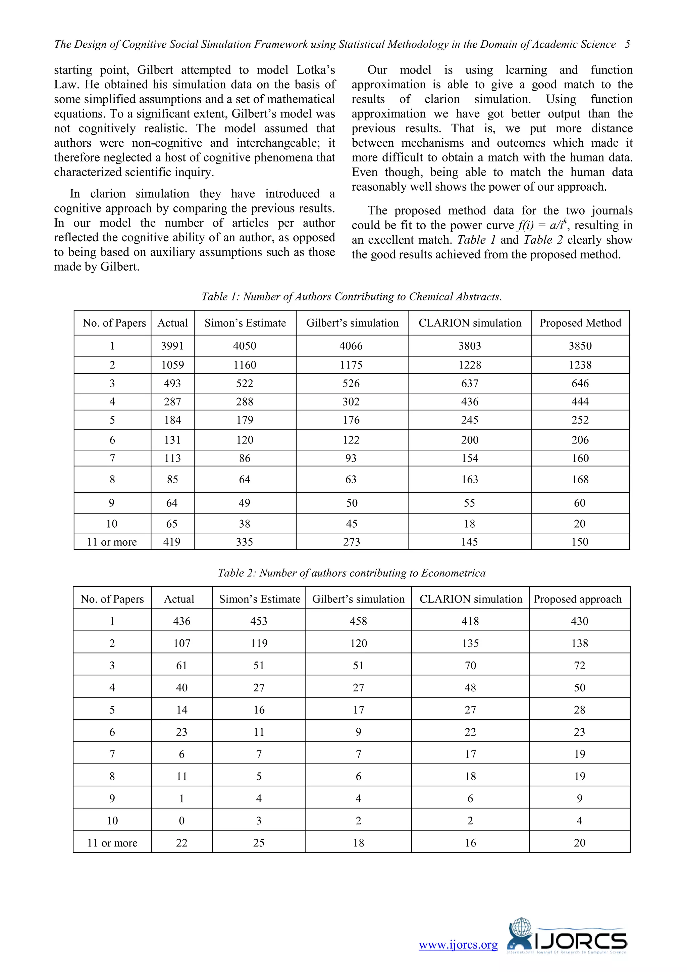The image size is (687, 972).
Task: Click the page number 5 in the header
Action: pyautogui.click(x=627, y=44)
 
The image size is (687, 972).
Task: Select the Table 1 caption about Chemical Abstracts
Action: pyautogui.click(x=351, y=296)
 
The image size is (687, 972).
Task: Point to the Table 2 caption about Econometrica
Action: pyautogui.click(x=351, y=573)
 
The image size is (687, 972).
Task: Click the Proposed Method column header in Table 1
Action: pyautogui.click(x=580, y=323)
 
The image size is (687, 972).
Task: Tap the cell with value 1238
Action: pyautogui.click(x=580, y=365)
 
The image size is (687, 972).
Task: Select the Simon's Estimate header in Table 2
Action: pyautogui.click(x=259, y=599)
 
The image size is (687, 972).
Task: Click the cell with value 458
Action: pyautogui.click(x=358, y=621)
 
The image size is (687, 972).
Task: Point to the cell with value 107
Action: pyautogui.click(x=181, y=643)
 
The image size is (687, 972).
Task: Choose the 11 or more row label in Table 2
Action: pyautogui.click(x=112, y=842)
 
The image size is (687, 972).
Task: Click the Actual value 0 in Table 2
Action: pyautogui.click(x=181, y=820)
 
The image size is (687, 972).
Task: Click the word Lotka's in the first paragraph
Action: pyautogui.click(x=316, y=70)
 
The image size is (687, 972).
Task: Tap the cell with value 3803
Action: pyautogui.click(x=470, y=346)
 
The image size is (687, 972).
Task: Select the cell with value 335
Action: pyautogui.click(x=245, y=542)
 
